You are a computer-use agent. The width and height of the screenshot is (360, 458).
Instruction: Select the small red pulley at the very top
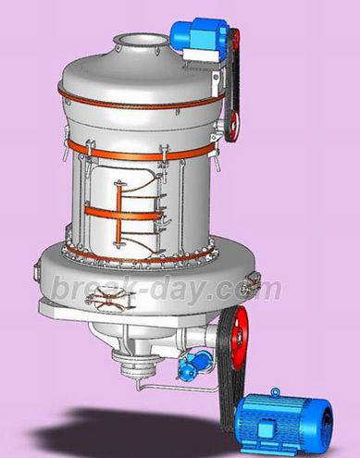coord(235,39)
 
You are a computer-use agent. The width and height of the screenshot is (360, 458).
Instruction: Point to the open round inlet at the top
coord(141,41)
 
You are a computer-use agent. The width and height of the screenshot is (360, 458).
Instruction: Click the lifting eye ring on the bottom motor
coord(275,392)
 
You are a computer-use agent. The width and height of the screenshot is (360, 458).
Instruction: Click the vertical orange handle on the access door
coord(119,214)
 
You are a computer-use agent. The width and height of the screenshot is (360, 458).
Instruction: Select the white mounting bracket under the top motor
coord(201,55)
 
